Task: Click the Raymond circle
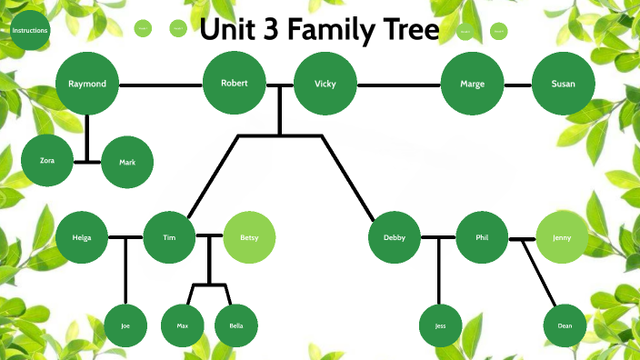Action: click(x=87, y=85)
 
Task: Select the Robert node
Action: click(x=235, y=84)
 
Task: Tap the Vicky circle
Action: click(x=325, y=85)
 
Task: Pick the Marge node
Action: click(x=472, y=85)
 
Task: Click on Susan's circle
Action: click(x=563, y=85)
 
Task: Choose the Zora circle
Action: click(x=47, y=160)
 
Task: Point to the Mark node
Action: click(x=128, y=163)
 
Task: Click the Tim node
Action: click(x=169, y=237)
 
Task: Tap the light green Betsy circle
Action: click(x=249, y=237)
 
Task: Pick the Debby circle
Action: click(x=395, y=237)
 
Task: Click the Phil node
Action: click(x=482, y=237)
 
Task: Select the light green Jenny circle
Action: click(x=562, y=237)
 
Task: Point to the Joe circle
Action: click(x=125, y=325)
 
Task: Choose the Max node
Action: click(x=183, y=325)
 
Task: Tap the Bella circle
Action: click(x=236, y=325)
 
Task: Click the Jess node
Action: click(x=441, y=325)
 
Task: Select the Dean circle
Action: click(x=565, y=325)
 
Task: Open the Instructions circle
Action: click(x=29, y=31)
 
